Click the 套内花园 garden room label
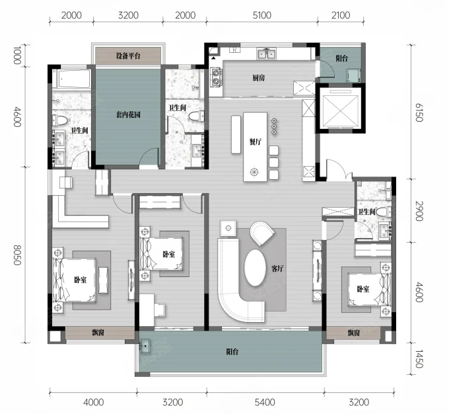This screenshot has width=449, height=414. pos(128,115)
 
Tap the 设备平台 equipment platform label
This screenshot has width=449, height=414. pos(128,56)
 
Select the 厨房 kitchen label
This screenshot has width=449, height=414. pos(259,78)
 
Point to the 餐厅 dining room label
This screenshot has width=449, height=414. pos(255,142)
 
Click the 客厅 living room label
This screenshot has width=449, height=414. pos(277,269)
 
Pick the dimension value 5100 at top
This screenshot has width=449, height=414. pos(261,15)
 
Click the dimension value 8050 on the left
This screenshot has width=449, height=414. pos(17,255)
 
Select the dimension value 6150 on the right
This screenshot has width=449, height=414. pos(419,112)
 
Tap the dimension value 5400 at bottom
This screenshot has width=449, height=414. pos(265,402)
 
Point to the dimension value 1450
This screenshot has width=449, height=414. pos(419,358)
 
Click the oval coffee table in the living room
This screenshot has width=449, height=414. pos(255,267)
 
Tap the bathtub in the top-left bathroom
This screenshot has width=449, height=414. pos(74,78)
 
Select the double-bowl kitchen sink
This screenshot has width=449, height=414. pos(267,54)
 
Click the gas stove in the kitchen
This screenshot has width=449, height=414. pos(216,77)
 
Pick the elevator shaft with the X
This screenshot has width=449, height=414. pos(340,108)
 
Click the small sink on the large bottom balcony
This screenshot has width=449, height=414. pos(145,345)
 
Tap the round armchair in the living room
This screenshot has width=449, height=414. pos(262,233)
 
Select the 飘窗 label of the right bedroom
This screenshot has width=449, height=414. pos(354,333)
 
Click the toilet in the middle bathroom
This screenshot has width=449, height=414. pos(197,116)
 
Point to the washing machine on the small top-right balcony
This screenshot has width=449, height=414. pos(353,75)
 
